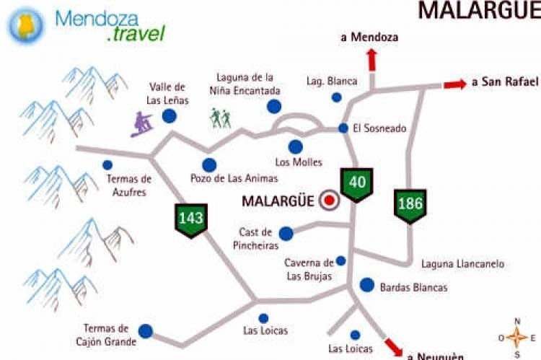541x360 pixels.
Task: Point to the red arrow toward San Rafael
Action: pyautogui.click(x=454, y=84)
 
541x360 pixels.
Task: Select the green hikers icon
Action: pyautogui.click(x=221, y=118)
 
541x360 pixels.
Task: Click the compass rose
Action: pyautogui.click(x=516, y=338)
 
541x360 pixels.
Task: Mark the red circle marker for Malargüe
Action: pyautogui.click(x=330, y=201)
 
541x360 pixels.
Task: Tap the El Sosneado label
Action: pyautogui.click(x=379, y=129)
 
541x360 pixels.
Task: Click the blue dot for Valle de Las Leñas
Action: pyautogui.click(x=170, y=115)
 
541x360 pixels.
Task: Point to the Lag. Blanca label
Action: pyautogui.click(x=331, y=81)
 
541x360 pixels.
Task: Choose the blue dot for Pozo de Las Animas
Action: pyautogui.click(x=209, y=165)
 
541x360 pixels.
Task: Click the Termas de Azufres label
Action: pyautogui.click(x=129, y=186)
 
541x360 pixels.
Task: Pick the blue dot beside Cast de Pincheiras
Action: pyautogui.click(x=286, y=233)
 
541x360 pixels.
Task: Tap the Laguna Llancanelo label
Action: pyautogui.click(x=462, y=264)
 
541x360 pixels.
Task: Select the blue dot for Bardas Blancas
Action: pyautogui.click(x=367, y=285)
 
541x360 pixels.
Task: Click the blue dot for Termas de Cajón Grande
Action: pyautogui.click(x=146, y=331)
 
